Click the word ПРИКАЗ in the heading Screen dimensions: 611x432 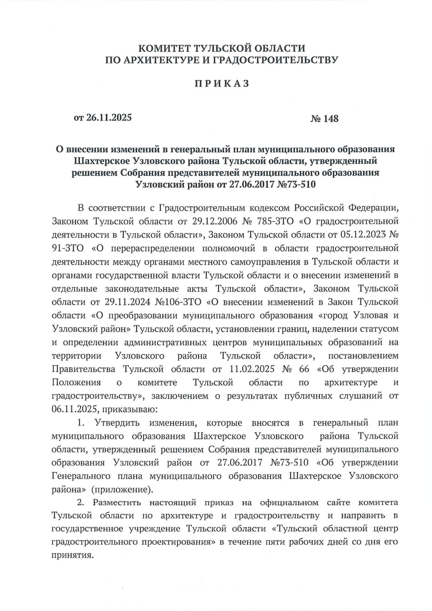[222, 84]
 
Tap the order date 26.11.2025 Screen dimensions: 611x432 [109, 118]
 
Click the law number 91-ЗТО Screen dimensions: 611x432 [68, 248]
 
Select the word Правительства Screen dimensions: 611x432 [84, 369]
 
